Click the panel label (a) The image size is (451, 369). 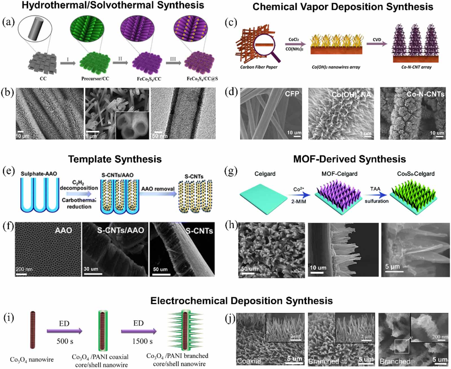[x=8, y=22]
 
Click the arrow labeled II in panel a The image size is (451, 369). [x=120, y=62]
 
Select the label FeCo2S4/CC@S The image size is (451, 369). [x=202, y=79]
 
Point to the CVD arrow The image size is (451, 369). [x=377, y=44]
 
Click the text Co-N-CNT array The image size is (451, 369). [x=416, y=67]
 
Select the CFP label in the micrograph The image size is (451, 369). [x=292, y=94]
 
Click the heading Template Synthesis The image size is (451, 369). [x=115, y=159]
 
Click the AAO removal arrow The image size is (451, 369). [x=158, y=194]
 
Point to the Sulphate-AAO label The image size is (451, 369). [x=39, y=174]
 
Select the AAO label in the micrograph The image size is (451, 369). [x=63, y=230]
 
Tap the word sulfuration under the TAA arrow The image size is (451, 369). [x=376, y=201]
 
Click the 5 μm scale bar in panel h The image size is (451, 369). [x=394, y=271]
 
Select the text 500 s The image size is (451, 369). [x=65, y=341]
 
